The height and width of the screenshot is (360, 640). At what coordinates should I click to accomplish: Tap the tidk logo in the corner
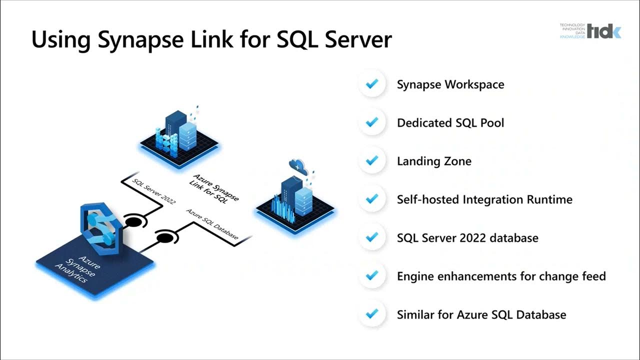coord(603,31)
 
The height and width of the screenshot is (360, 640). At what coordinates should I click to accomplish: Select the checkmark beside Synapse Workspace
coord(371,84)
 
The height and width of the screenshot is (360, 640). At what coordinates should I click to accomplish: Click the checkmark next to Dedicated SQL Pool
coord(371,122)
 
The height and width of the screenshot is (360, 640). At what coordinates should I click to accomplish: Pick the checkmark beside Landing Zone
coord(371,161)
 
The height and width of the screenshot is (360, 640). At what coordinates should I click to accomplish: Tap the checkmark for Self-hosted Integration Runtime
coord(371,199)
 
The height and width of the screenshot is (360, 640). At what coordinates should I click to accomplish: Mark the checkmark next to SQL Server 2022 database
coord(371,237)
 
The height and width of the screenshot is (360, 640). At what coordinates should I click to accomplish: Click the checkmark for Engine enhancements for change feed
coord(371,276)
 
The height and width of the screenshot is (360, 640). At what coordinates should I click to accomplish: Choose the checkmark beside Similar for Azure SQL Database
coord(371,314)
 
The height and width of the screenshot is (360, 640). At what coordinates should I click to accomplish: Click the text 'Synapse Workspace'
coord(450,84)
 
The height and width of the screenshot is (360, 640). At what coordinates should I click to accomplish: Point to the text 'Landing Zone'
coord(433,161)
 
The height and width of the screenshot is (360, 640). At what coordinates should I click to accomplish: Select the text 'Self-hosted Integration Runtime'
coord(484,199)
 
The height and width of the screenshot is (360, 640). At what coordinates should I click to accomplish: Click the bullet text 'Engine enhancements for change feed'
coord(501,276)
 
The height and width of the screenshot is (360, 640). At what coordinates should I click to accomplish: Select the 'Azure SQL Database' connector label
coord(212,224)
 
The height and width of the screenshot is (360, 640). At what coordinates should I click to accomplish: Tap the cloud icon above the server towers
coord(298,165)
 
